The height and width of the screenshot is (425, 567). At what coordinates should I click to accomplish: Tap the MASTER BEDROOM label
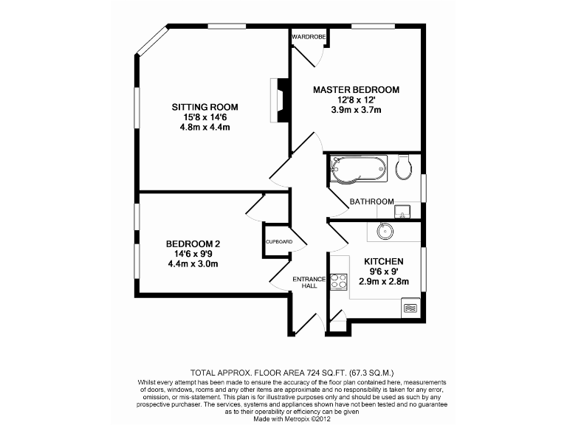point(356,90)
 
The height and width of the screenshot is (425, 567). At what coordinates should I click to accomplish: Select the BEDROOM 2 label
point(193,244)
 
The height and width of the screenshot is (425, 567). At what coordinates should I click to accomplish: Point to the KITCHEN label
point(383,262)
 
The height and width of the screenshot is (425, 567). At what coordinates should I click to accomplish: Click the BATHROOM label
point(371,201)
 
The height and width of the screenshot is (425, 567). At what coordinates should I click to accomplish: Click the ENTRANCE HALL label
point(309,282)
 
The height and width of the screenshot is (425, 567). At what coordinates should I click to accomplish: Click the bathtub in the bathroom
point(358,168)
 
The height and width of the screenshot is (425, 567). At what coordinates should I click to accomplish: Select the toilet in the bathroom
point(404,167)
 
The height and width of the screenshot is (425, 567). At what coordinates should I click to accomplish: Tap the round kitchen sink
point(385,231)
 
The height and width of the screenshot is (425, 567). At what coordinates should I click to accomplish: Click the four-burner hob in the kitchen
point(339,282)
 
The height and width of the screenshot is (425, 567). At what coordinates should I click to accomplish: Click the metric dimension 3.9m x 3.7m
point(356,110)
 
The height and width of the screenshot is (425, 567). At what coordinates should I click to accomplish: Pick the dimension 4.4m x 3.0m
point(193,263)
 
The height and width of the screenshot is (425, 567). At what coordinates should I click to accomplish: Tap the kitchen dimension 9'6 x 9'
point(383,272)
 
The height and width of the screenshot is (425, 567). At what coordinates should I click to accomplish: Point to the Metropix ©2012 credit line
point(283,419)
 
